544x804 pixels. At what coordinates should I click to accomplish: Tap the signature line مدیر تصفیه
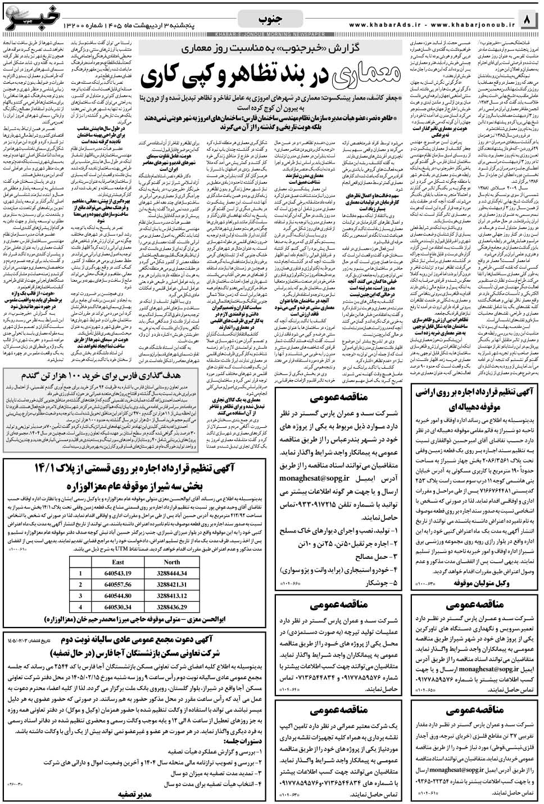coord(135,794)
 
